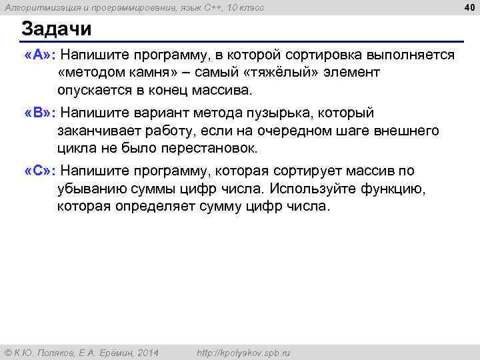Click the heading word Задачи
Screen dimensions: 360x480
[x=56, y=30]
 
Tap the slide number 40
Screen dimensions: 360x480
[x=469, y=7]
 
